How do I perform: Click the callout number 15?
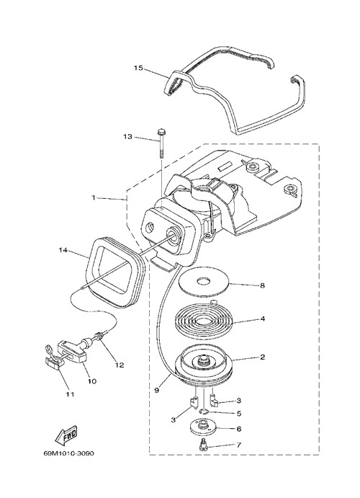point(138,68)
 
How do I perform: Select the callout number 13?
point(127,137)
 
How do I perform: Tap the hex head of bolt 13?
point(161,131)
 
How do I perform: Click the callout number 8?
point(262,285)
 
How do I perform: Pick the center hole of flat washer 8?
point(203,281)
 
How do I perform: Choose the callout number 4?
point(262,319)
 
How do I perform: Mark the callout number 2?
point(262,357)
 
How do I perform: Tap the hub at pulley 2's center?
point(204,361)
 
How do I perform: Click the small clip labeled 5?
point(203,412)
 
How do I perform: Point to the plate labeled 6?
point(203,426)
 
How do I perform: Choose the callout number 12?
point(120,365)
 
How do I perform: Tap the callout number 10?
point(92,381)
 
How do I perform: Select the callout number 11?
point(70,394)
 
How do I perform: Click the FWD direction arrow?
point(66,436)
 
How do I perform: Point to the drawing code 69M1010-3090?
point(68,453)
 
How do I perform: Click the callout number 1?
point(94,197)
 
